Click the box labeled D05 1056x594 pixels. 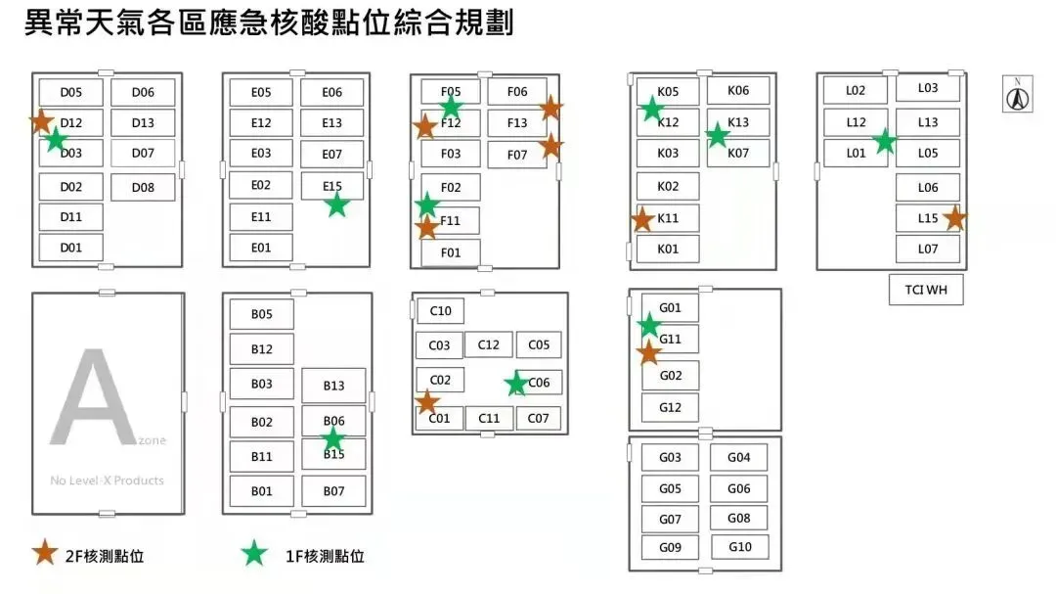click(70, 93)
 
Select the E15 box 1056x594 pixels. click(331, 186)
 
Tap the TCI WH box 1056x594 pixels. click(926, 290)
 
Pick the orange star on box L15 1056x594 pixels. click(954, 218)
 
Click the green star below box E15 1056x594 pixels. click(336, 205)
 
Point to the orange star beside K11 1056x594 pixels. click(642, 219)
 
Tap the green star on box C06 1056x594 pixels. click(515, 384)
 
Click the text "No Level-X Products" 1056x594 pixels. click(108, 480)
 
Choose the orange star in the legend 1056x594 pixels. click(44, 553)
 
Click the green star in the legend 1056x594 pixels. click(254, 554)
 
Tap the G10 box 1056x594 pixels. click(740, 547)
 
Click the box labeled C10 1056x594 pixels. click(440, 311)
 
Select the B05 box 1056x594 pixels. click(261, 315)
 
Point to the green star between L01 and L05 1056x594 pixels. click(885, 142)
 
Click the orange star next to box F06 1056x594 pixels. click(550, 107)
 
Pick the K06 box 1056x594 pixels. click(739, 91)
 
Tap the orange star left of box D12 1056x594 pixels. click(41, 121)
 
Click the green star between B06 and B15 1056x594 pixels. click(333, 438)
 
